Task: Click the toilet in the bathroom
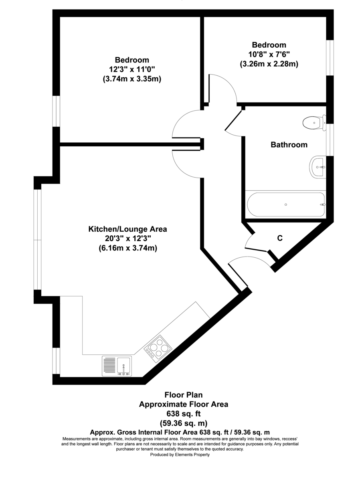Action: [x=314, y=123]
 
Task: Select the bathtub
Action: [x=286, y=204]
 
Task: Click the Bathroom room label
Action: [x=289, y=145]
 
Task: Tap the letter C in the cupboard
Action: [x=280, y=238]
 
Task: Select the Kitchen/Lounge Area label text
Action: [x=127, y=229]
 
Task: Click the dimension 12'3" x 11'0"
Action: [x=132, y=69]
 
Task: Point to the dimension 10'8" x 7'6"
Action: [x=269, y=54]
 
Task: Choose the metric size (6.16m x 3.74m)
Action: [x=128, y=248]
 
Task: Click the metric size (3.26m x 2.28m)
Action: [x=269, y=64]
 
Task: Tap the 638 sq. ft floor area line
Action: [x=184, y=414]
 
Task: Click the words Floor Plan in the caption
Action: [x=184, y=395]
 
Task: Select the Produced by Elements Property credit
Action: [x=180, y=455]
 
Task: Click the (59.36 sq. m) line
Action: [x=184, y=423]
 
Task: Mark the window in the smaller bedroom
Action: [x=330, y=58]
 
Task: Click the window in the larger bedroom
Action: [x=56, y=111]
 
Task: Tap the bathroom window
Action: [x=330, y=140]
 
